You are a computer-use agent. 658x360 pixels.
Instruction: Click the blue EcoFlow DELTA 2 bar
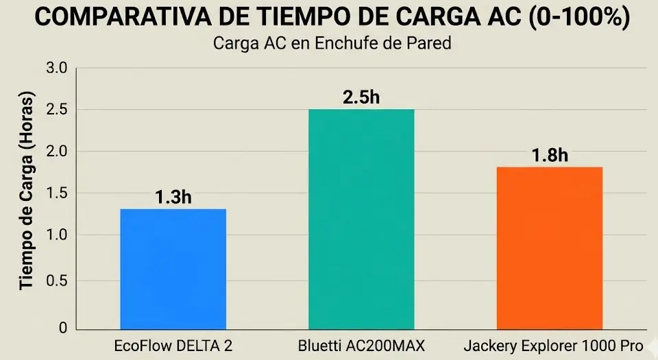(x=173, y=268)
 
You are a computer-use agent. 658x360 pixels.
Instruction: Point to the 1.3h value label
(x=173, y=197)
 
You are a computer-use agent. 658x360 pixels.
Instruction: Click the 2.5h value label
(x=361, y=97)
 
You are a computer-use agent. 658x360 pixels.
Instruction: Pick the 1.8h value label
(x=549, y=155)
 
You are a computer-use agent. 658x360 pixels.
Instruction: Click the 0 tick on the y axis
(x=62, y=328)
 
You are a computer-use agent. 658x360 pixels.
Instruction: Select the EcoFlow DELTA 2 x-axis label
(x=173, y=346)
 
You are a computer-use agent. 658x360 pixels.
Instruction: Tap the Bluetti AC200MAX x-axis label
(x=361, y=346)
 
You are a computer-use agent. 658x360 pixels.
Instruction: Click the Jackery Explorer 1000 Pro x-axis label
(x=553, y=346)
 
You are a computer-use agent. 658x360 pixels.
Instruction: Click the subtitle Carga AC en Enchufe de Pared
(x=332, y=44)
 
